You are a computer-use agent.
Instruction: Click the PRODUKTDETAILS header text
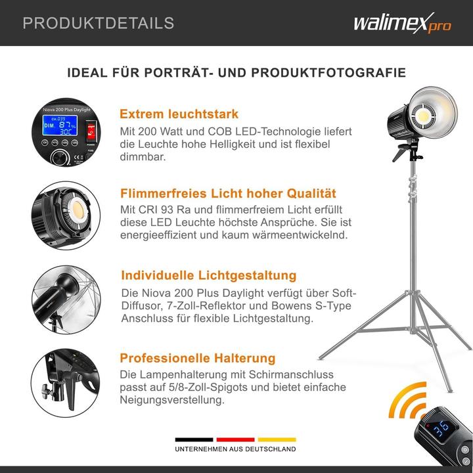[99, 24]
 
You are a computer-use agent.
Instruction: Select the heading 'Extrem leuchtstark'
[179, 114]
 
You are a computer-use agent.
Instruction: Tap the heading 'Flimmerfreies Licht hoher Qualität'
[228, 193]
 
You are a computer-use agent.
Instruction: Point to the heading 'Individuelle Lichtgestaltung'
[208, 275]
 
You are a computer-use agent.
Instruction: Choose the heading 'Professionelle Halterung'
[197, 358]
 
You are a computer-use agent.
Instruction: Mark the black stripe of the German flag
[194, 439]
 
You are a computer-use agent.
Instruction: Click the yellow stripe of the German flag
[277, 439]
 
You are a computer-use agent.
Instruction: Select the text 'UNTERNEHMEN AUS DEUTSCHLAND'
[235, 449]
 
